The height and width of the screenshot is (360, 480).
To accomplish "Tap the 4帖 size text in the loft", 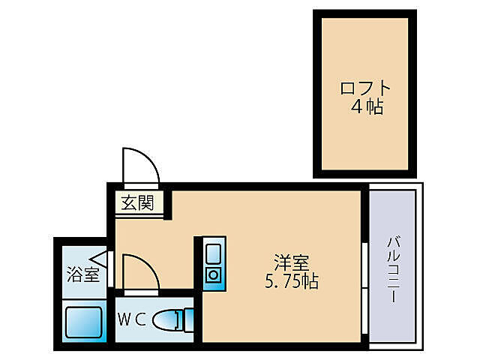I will [366, 107].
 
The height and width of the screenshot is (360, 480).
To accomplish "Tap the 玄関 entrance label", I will [138, 202].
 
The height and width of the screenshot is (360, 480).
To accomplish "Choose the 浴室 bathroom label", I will [82, 274].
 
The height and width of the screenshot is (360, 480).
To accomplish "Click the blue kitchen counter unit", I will [213, 263].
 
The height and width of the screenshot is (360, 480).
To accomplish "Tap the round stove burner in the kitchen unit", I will [213, 274].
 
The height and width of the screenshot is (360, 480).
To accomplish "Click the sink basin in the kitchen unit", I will [213, 250].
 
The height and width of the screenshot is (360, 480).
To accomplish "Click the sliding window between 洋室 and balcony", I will [364, 285].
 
